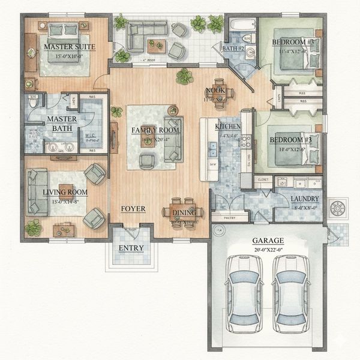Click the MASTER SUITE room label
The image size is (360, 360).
tap(65, 46)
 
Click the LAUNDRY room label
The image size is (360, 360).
tap(304, 199)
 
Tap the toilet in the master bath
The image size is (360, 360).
tap(33, 103)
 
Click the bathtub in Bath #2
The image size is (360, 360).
tap(243, 25)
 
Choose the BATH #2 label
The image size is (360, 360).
tap(233, 48)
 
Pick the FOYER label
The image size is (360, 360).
tap(133, 209)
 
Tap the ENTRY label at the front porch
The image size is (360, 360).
tap(131, 248)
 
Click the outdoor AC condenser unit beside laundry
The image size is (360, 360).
tap(337, 208)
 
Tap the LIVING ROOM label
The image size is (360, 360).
tap(65, 193)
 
